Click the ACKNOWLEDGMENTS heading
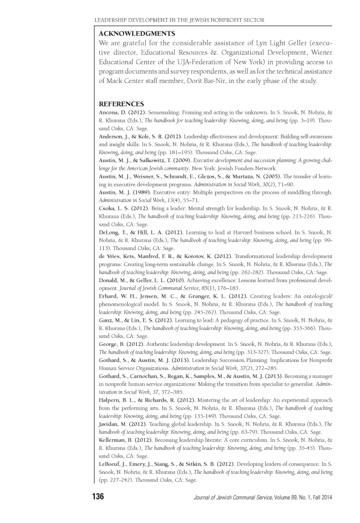click(x=137, y=34)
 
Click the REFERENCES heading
click(x=121, y=104)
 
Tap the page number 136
click(x=98, y=497)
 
